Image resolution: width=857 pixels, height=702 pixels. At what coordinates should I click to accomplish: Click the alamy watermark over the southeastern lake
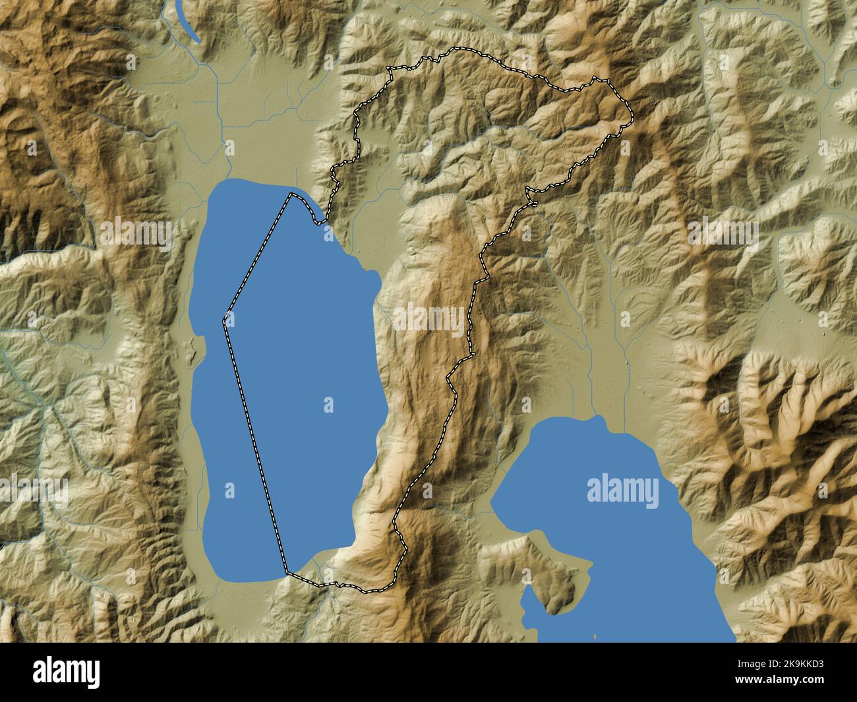[622, 491]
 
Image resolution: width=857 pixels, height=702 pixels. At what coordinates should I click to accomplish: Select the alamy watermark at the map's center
[428, 319]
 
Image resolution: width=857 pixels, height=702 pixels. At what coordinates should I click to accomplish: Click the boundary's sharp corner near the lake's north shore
[290, 194]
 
